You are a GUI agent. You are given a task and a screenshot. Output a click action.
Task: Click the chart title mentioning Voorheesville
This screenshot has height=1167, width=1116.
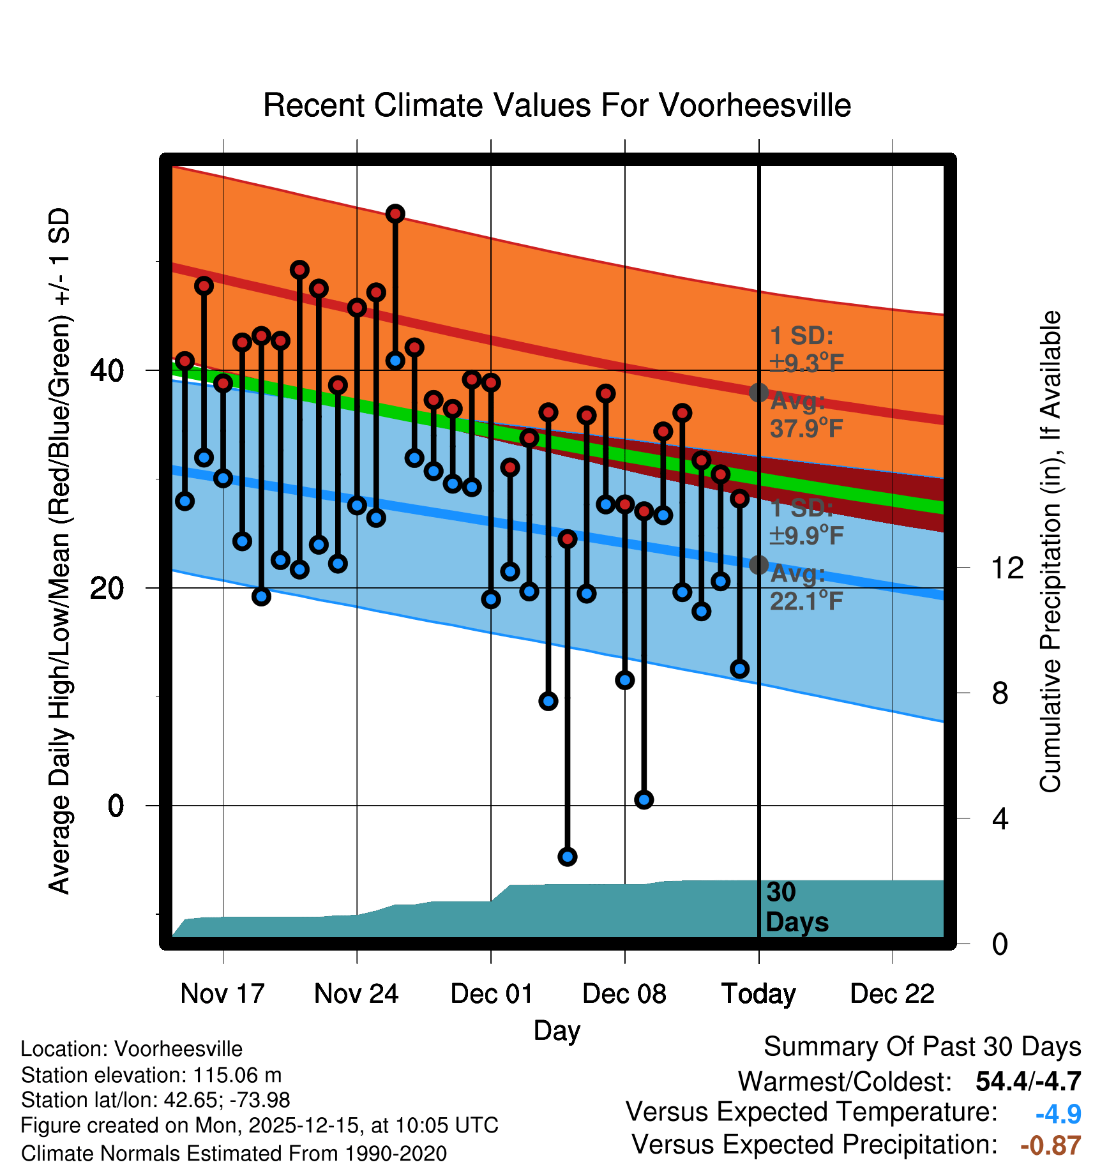click(x=557, y=105)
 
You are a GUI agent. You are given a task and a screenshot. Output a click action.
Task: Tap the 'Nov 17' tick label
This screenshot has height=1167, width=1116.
click(x=222, y=993)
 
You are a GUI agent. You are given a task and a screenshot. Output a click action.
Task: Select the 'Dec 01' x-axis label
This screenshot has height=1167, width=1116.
click(x=491, y=993)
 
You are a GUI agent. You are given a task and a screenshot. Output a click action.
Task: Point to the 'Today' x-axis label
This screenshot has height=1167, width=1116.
click(x=758, y=993)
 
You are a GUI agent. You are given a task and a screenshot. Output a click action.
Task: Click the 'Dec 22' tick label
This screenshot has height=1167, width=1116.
click(x=892, y=993)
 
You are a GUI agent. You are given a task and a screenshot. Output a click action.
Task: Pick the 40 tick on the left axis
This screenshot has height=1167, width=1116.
click(x=107, y=370)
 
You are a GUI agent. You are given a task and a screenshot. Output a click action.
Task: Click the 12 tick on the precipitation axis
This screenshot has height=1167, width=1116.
click(x=1007, y=567)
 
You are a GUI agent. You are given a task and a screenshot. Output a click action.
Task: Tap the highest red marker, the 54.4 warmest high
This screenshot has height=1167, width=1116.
click(x=395, y=213)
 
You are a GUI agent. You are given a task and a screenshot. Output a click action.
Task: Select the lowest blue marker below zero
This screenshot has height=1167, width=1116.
click(x=568, y=856)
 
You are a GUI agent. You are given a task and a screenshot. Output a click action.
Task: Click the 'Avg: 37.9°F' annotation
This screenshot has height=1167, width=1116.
click(x=806, y=415)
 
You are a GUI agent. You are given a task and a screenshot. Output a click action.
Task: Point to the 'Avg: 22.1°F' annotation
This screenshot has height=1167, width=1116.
click(x=806, y=587)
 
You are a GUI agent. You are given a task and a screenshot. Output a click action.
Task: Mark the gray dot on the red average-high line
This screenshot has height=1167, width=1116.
click(x=758, y=392)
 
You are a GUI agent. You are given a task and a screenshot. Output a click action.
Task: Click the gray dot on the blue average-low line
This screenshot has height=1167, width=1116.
click(x=758, y=564)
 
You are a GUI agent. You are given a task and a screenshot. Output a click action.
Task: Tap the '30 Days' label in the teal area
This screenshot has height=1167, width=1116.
click(x=796, y=907)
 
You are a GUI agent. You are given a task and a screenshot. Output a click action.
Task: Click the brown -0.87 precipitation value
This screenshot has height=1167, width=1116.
click(x=1050, y=1145)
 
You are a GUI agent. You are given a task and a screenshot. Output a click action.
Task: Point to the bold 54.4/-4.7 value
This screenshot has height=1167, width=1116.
click(x=1028, y=1081)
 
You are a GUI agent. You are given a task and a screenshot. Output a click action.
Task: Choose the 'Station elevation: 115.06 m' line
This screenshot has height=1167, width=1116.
click(x=151, y=1075)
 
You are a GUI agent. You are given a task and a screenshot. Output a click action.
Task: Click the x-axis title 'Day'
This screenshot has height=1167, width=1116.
click(x=557, y=1030)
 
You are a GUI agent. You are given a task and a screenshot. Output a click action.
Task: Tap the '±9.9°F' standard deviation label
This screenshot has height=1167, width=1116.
click(x=806, y=535)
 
